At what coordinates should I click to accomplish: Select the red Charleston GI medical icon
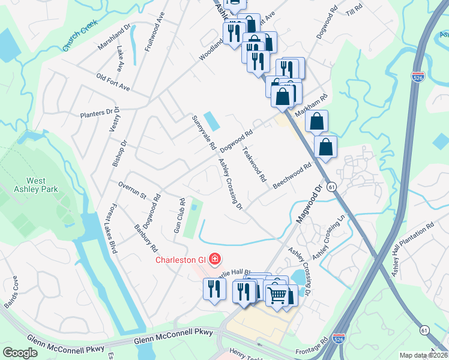[x=214, y=260]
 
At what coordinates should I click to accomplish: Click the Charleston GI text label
[x=181, y=260]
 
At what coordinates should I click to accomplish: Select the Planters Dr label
[x=97, y=112]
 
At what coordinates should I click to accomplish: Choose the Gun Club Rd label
[x=178, y=217]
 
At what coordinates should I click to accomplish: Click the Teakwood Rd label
[x=253, y=164]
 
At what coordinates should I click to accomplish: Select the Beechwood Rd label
[x=292, y=176]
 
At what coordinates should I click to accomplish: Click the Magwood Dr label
[x=310, y=204]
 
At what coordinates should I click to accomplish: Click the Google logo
[x=20, y=353]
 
